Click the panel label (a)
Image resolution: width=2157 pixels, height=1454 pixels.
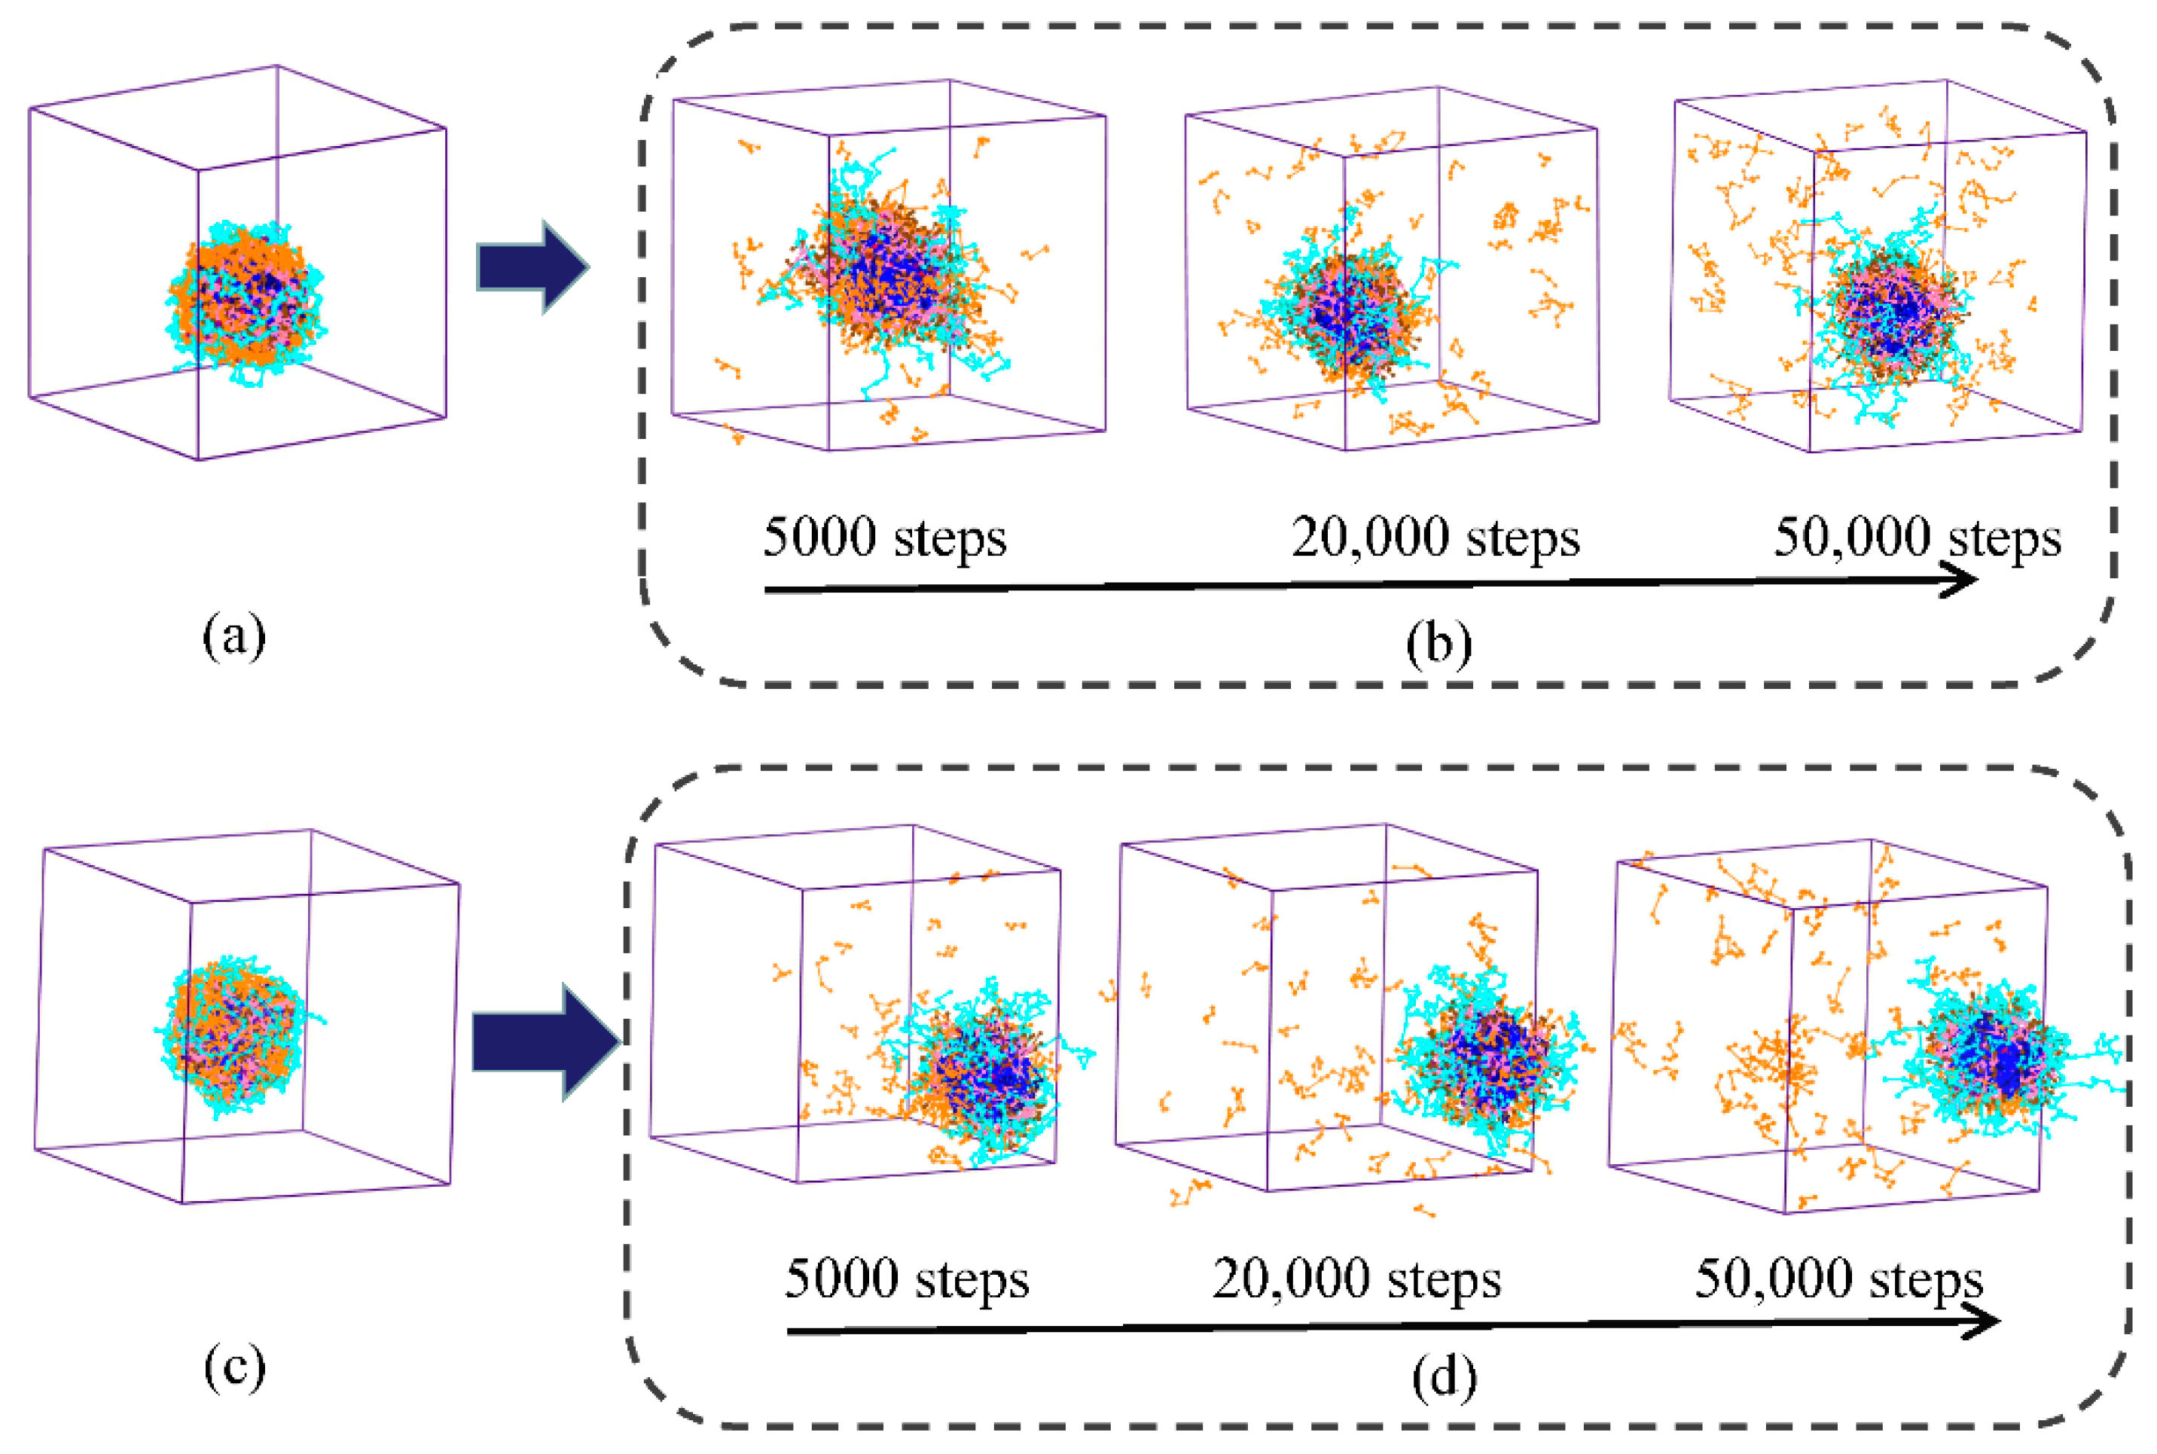233,637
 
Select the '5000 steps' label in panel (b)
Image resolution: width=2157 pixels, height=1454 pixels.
883,538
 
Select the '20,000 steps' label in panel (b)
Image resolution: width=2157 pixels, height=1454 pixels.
1435,538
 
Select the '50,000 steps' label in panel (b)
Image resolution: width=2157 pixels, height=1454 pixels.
1917,538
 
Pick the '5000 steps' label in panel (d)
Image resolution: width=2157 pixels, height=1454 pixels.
906,1279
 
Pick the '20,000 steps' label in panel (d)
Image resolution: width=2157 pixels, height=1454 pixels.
1356,1279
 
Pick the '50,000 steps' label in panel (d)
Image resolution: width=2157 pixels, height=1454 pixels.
1839,1279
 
